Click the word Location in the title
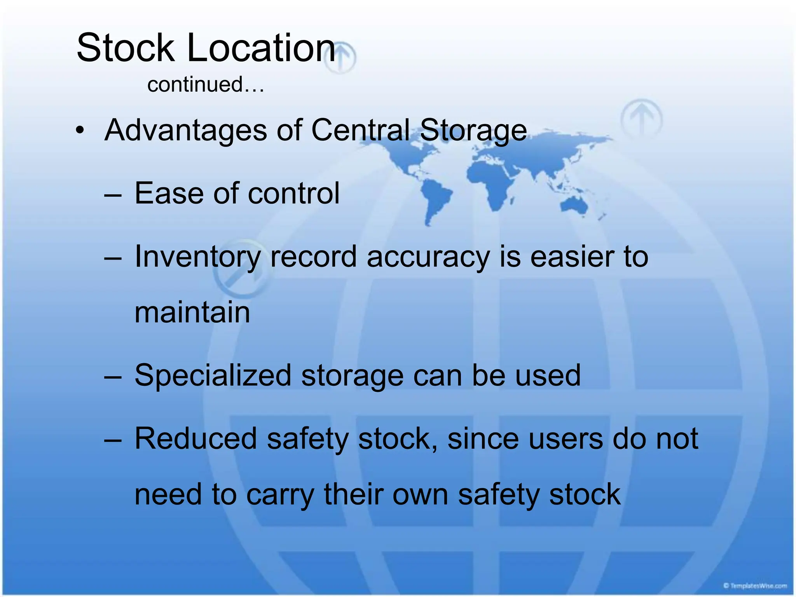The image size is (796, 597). (x=261, y=48)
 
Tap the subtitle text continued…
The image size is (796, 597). (x=206, y=84)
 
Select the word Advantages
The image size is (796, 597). (x=186, y=130)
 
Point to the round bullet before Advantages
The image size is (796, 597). (x=80, y=131)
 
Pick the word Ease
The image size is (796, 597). (x=169, y=193)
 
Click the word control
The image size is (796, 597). (x=293, y=193)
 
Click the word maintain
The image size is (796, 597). (x=192, y=312)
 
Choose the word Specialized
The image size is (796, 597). (x=213, y=376)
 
